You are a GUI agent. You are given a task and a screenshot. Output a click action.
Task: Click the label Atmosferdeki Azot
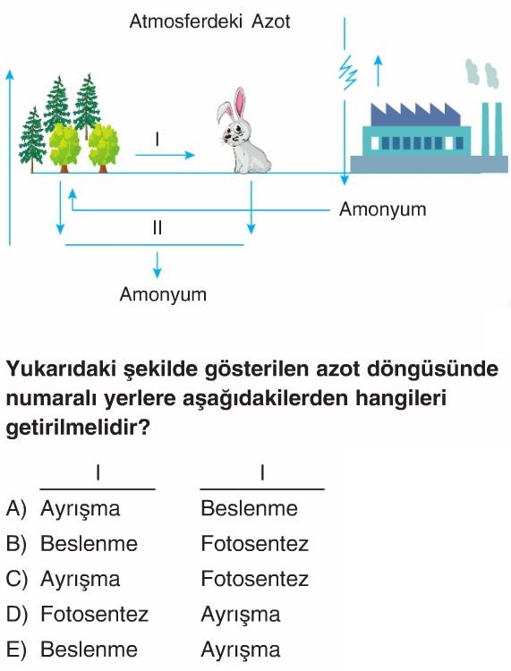point(209,21)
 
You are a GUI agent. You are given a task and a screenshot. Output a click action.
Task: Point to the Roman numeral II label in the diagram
point(158,227)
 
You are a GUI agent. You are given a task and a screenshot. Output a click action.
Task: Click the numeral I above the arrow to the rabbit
point(158,139)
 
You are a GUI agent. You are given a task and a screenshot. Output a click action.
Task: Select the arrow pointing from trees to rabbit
point(166,155)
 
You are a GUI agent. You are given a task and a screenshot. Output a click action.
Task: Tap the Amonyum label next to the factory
point(383,209)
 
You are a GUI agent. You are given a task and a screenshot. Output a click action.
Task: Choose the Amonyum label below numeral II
point(163,294)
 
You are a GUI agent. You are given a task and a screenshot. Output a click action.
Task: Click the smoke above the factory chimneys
point(482,73)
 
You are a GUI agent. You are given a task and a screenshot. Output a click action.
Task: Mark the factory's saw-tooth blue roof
point(415,115)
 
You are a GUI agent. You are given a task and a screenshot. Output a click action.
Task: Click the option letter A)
point(16,508)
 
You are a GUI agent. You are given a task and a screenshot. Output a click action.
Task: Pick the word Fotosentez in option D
point(94,614)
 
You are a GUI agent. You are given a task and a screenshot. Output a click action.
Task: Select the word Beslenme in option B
point(89,543)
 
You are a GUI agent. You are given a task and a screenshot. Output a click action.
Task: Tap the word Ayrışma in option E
point(241,650)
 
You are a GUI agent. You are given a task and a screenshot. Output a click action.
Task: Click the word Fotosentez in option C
point(255,579)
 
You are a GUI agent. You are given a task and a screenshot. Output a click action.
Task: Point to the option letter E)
point(16,650)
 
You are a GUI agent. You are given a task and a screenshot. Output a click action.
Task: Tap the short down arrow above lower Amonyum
point(158,265)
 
